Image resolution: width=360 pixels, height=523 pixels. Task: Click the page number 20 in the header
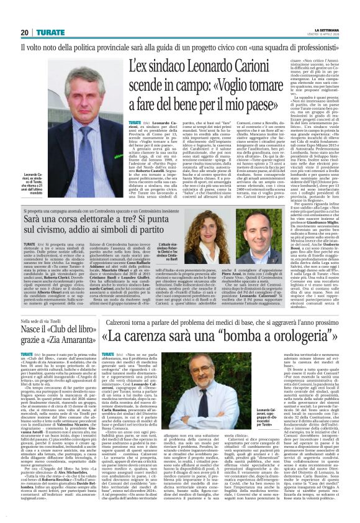point(24,32)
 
